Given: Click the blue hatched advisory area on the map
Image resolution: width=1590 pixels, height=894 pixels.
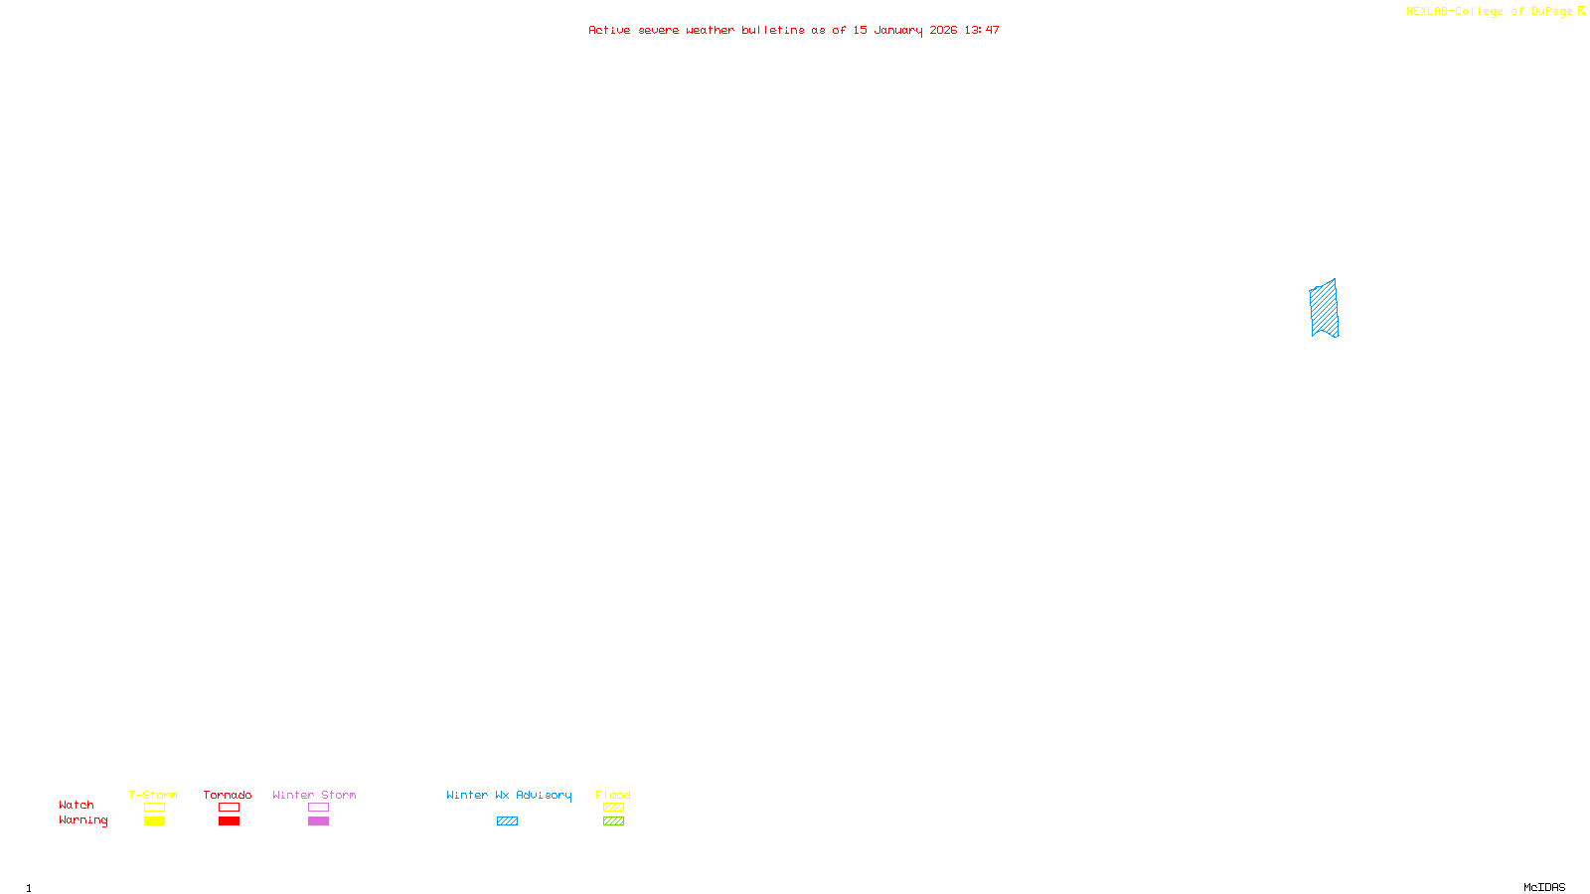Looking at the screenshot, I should pyautogui.click(x=1324, y=309).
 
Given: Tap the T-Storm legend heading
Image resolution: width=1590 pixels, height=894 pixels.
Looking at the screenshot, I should pyautogui.click(x=153, y=795).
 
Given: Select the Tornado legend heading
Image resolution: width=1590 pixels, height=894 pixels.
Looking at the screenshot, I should pyautogui.click(x=228, y=795).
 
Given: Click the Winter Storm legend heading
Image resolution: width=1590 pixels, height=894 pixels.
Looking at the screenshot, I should pyautogui.click(x=314, y=795).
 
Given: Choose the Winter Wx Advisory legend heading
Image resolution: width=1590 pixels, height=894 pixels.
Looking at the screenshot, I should pyautogui.click(x=509, y=795).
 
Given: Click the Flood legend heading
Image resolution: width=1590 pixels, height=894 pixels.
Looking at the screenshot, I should pyautogui.click(x=613, y=795).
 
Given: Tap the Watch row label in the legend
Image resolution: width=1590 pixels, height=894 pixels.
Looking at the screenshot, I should pyautogui.click(x=77, y=805).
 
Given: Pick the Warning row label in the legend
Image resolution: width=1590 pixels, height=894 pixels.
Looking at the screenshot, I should pyautogui.click(x=82, y=820).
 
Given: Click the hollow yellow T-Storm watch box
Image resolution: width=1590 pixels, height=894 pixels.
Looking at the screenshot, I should pyautogui.click(x=154, y=808).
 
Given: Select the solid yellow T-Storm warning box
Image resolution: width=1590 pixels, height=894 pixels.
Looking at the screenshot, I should pyautogui.click(x=154, y=821).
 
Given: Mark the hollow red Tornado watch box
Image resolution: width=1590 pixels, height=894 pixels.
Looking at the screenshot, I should pyautogui.click(x=229, y=808).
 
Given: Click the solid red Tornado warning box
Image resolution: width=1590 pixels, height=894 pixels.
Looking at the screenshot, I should pyautogui.click(x=229, y=821).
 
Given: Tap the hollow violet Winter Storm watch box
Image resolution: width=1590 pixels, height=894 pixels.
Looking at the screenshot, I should pyautogui.click(x=318, y=808).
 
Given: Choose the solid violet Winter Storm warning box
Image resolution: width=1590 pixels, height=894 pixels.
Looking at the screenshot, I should pyautogui.click(x=318, y=821).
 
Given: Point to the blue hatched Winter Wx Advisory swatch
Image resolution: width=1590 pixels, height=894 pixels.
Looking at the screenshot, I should pyautogui.click(x=507, y=821).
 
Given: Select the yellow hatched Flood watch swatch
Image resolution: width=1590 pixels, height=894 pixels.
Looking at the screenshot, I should pyautogui.click(x=613, y=808).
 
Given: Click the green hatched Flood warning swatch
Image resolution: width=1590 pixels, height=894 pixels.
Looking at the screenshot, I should pyautogui.click(x=613, y=821).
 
